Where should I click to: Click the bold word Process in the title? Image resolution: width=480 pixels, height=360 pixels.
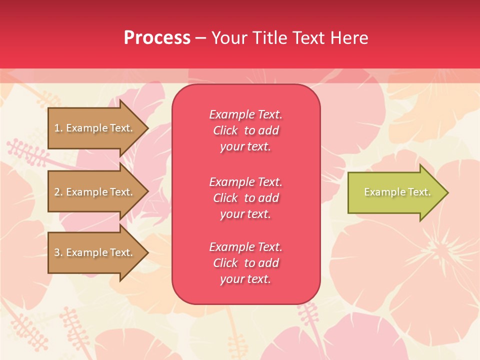coord(157,38)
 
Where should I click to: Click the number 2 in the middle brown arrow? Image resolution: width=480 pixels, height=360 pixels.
coord(57,192)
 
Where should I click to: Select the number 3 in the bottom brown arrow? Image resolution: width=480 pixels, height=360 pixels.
coord(57,252)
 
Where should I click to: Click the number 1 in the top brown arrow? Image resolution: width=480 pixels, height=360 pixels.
coord(57,128)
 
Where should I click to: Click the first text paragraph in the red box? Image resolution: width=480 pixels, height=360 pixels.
coord(245,130)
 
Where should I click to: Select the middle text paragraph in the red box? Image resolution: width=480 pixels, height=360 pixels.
coord(245,198)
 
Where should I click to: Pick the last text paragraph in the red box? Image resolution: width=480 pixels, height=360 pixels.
coord(245,263)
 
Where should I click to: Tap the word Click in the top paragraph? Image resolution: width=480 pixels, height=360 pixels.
coord(225,130)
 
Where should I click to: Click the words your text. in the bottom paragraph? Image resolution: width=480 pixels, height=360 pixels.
coord(245,279)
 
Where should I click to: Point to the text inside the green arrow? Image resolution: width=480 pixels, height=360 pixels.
coord(397,192)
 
